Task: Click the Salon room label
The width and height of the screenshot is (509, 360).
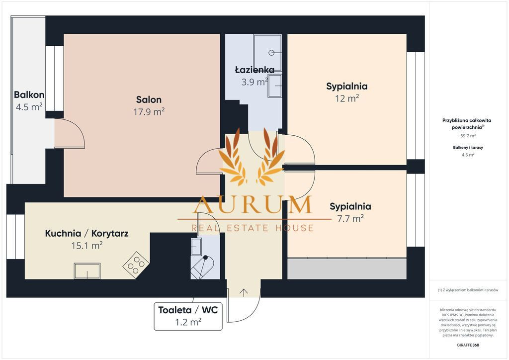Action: (149, 99)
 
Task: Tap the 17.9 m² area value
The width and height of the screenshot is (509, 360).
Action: (149, 112)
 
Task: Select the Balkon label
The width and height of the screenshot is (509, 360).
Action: (29, 95)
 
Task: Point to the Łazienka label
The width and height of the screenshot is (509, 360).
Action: (255, 70)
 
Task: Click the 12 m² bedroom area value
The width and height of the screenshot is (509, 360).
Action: (347, 98)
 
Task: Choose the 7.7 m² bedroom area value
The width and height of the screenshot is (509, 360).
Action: (350, 218)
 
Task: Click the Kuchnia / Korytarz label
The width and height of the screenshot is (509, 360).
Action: (86, 233)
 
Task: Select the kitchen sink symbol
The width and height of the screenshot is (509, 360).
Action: (87, 271)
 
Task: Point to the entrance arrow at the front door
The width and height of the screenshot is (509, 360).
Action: (244, 292)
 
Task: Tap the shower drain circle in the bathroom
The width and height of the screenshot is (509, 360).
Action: (272, 52)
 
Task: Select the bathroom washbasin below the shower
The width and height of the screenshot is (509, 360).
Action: (275, 86)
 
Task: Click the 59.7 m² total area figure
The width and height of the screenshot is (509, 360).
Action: (468, 136)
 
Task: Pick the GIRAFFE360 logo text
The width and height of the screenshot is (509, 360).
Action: (468, 345)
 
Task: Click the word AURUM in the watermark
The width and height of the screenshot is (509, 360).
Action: (252, 204)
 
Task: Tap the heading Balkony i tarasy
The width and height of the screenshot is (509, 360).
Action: (468, 147)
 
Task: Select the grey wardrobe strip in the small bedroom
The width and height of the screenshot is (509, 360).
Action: (346, 269)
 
